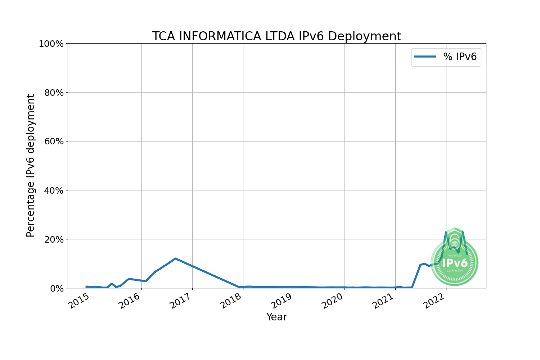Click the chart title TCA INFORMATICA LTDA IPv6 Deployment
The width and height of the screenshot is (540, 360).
click(x=276, y=36)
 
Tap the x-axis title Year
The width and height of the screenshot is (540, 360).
click(x=276, y=317)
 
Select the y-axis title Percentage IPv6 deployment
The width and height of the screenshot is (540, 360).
click(x=31, y=166)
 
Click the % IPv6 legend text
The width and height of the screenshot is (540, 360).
click(x=460, y=57)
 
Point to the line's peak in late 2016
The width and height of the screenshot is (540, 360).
click(x=175, y=258)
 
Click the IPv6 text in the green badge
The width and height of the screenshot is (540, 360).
click(x=455, y=263)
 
